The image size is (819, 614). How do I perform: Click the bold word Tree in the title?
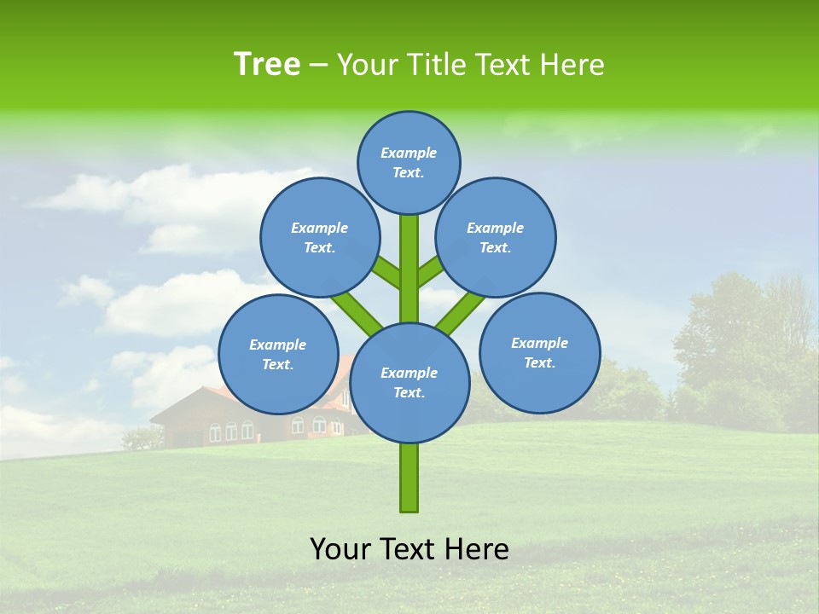tap(267, 64)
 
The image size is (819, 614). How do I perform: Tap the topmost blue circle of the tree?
tap(409, 162)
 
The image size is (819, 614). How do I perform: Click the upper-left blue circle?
tap(319, 237)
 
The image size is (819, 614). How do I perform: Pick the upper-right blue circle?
tap(496, 237)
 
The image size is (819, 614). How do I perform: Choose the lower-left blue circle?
tap(277, 354)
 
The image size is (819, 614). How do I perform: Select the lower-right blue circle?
tap(540, 352)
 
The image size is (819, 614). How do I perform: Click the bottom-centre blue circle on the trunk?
tap(409, 383)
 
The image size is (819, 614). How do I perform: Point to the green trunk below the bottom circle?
tap(409, 478)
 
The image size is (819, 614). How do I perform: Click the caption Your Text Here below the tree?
tap(409, 549)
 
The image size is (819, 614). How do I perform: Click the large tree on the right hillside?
tap(742, 341)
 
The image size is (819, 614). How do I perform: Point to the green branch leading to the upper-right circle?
tap(432, 271)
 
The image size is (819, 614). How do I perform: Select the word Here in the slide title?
tap(572, 65)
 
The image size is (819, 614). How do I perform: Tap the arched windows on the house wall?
tap(230, 431)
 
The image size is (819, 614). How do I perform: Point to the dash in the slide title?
tap(318, 65)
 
